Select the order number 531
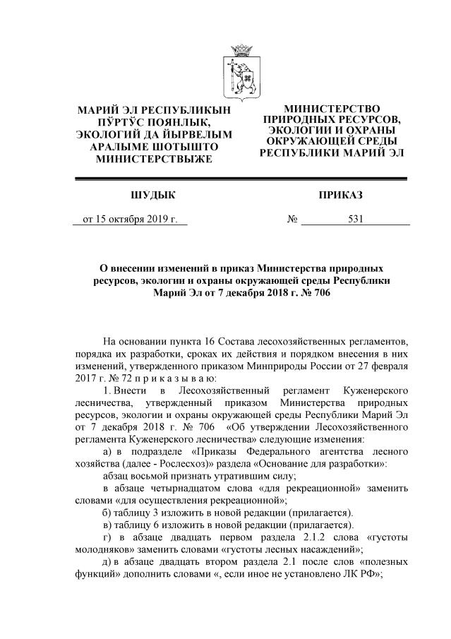click(356, 219)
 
